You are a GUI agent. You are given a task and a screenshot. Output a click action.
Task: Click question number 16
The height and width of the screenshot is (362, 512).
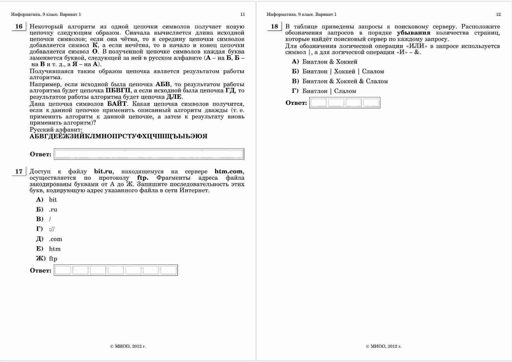click(x=19, y=27)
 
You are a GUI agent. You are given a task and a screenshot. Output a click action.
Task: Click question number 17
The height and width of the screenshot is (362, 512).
click(x=19, y=172)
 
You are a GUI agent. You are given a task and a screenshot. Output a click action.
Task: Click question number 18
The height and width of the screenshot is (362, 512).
click(x=274, y=27)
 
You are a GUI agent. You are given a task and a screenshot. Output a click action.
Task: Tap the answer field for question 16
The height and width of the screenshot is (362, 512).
click(x=149, y=154)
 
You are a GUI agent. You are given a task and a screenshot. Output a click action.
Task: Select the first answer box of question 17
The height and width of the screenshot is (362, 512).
click(x=63, y=270)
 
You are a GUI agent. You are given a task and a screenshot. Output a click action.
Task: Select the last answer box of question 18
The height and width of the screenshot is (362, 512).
click(x=371, y=103)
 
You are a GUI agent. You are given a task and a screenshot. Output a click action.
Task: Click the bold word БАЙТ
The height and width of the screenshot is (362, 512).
click(x=117, y=104)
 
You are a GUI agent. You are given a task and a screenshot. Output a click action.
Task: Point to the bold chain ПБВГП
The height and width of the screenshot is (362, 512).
click(x=118, y=91)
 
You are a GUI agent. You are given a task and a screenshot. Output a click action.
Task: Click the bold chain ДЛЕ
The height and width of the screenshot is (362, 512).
click(x=174, y=97)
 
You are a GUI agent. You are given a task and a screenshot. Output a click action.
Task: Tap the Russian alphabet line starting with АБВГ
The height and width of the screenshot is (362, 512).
click(x=119, y=136)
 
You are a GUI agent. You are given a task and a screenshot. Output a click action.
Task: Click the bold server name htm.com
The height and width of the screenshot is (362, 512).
click(x=228, y=172)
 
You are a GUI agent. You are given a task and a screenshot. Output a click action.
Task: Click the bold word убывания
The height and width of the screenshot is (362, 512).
click(x=413, y=33)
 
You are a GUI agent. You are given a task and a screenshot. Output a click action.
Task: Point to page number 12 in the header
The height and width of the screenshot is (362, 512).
click(x=498, y=14)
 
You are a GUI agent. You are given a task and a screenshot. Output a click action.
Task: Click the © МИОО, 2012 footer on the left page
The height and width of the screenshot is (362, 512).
click(x=128, y=347)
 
